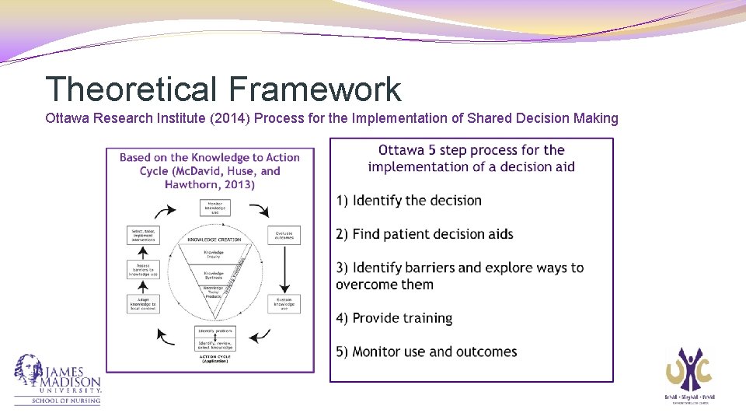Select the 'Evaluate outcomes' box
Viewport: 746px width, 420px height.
coord(284,235)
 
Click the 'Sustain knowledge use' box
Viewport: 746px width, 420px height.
coord(284,303)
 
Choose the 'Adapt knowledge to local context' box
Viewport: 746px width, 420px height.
coord(143,303)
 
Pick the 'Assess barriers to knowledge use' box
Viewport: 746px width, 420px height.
coord(143,269)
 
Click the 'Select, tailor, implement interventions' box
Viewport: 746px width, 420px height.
coord(143,235)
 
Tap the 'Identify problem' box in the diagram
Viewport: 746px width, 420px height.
coord(214,331)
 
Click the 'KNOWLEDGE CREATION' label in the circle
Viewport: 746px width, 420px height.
coord(214,240)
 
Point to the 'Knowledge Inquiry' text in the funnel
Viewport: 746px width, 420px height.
coord(214,254)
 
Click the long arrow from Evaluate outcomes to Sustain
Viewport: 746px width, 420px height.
coord(284,269)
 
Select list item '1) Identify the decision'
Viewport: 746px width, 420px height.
coord(409,201)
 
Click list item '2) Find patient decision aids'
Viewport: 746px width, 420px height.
coord(424,234)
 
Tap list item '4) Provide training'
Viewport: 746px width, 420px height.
coord(394,318)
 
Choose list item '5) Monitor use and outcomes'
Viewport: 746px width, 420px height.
coord(427,352)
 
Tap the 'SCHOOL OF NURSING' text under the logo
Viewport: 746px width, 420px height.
coord(66,401)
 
